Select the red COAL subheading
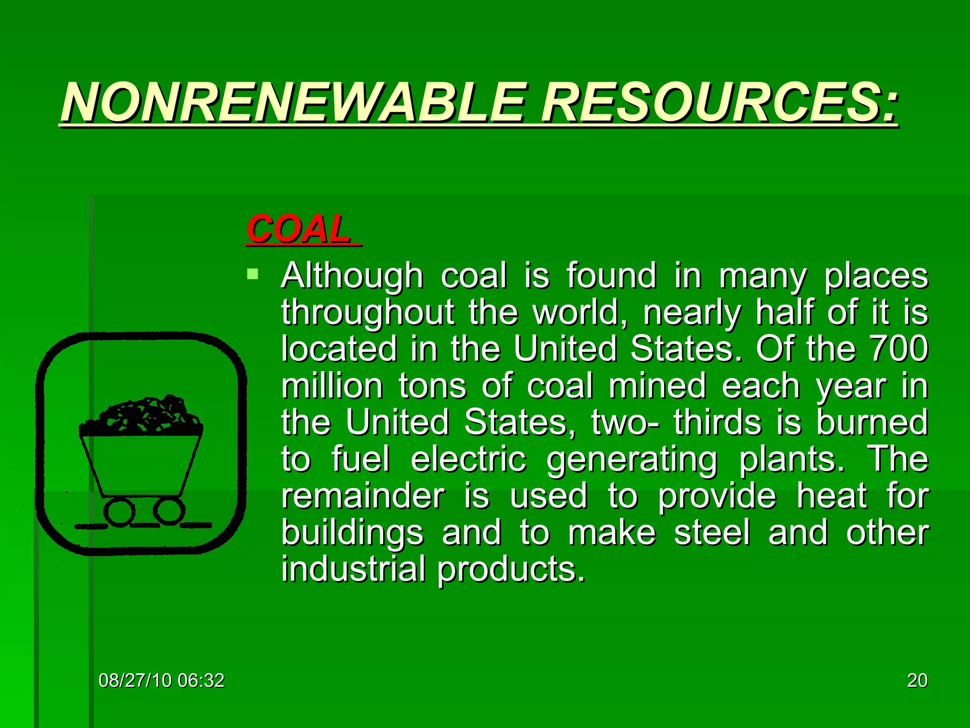click(298, 229)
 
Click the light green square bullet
click(253, 273)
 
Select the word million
click(332, 386)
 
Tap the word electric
click(468, 459)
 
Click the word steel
click(712, 533)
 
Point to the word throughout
click(368, 313)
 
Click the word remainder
click(363, 496)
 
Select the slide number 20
click(917, 681)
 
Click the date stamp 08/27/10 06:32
click(161, 681)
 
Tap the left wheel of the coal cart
click(119, 512)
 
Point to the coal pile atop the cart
click(142, 415)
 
